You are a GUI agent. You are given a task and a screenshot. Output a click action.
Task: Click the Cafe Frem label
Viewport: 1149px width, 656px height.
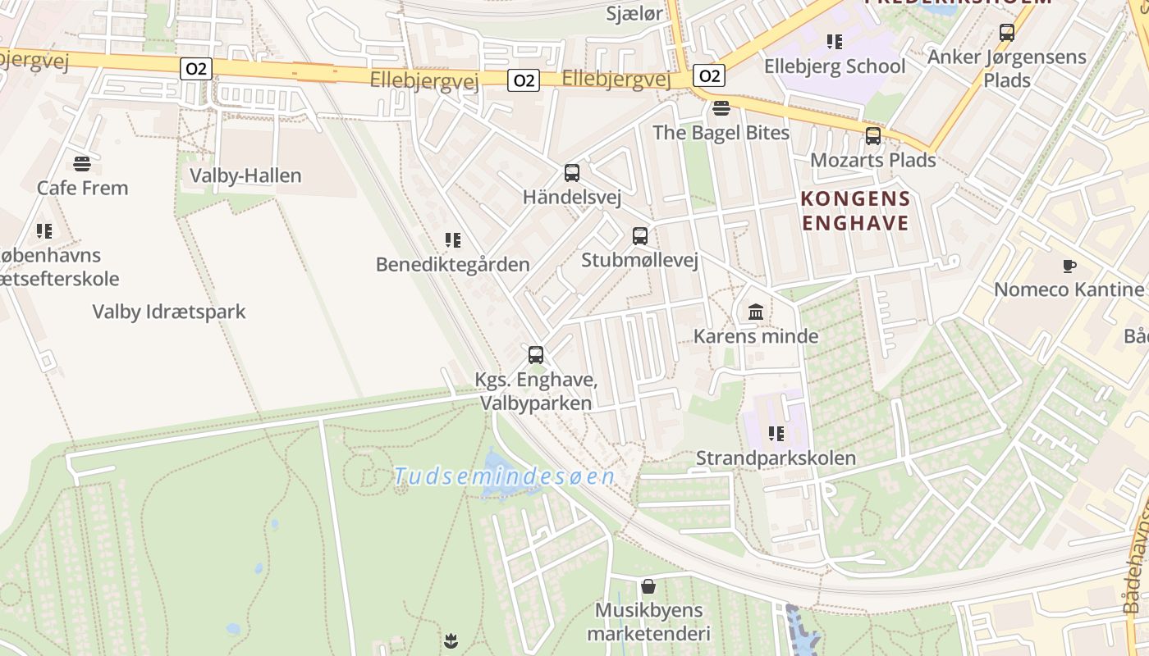tap(82, 188)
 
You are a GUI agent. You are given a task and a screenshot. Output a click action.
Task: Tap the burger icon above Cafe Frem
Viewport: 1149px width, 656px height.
tap(81, 163)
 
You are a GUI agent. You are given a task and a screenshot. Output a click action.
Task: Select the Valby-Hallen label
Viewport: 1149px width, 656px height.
tap(245, 175)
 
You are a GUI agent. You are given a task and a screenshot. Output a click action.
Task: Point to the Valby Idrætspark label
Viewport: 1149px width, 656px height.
tap(168, 312)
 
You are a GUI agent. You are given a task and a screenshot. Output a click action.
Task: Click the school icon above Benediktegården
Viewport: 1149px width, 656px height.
tap(453, 239)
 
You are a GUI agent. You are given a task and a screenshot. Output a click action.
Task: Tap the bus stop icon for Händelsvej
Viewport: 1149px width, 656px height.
tap(572, 173)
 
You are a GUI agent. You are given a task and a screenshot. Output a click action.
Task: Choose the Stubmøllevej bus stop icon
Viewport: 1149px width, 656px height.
tap(640, 236)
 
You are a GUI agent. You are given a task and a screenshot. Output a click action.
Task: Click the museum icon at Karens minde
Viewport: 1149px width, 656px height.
tap(756, 312)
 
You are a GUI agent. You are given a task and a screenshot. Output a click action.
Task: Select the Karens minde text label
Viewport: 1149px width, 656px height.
tap(756, 336)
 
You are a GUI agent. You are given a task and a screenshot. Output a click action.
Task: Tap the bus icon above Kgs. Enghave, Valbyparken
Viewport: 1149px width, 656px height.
tap(536, 355)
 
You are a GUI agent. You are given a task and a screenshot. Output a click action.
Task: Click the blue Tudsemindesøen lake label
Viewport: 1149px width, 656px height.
tap(504, 476)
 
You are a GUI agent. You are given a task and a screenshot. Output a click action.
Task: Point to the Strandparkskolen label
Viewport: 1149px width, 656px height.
tap(776, 458)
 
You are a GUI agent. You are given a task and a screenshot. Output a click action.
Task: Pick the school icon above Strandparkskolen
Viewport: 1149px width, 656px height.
tap(776, 433)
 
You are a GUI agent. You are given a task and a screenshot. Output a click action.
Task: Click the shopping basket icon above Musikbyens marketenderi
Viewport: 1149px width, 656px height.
tap(648, 586)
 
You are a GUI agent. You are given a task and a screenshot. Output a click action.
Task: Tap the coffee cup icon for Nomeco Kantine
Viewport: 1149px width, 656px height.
tap(1069, 266)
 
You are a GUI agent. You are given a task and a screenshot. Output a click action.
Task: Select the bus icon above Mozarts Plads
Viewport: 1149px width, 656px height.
tap(873, 136)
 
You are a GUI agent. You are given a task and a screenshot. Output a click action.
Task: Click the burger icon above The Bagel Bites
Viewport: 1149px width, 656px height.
tap(721, 108)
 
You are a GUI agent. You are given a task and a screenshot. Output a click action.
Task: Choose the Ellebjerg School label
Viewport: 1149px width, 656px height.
tap(835, 66)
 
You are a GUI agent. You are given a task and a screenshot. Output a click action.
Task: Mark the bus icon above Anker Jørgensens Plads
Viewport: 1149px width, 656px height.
tap(1007, 33)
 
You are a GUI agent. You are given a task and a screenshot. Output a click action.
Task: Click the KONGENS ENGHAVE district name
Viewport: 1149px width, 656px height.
tap(856, 211)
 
